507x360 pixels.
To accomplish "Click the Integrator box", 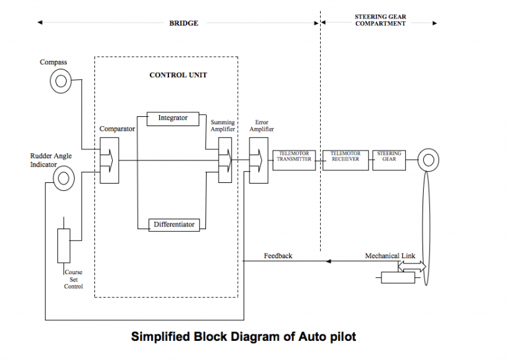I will (x=172, y=118).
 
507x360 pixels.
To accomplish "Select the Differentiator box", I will (x=174, y=225).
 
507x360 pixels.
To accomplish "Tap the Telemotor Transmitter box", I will (x=294, y=159).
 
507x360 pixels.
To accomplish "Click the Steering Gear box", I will (x=389, y=159).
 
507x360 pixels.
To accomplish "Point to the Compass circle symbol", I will (x=61, y=81).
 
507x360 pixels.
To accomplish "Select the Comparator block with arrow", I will (x=109, y=160).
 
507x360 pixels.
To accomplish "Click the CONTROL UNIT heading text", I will (x=178, y=75).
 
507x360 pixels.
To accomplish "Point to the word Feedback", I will (x=277, y=256).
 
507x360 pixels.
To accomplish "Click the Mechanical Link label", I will (x=390, y=256).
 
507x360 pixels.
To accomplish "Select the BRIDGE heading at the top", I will (x=184, y=23).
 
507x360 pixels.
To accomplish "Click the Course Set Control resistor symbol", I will (x=63, y=245).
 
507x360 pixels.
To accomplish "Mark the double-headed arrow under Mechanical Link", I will (x=410, y=266).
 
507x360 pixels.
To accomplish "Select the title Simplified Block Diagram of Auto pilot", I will (x=244, y=337).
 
